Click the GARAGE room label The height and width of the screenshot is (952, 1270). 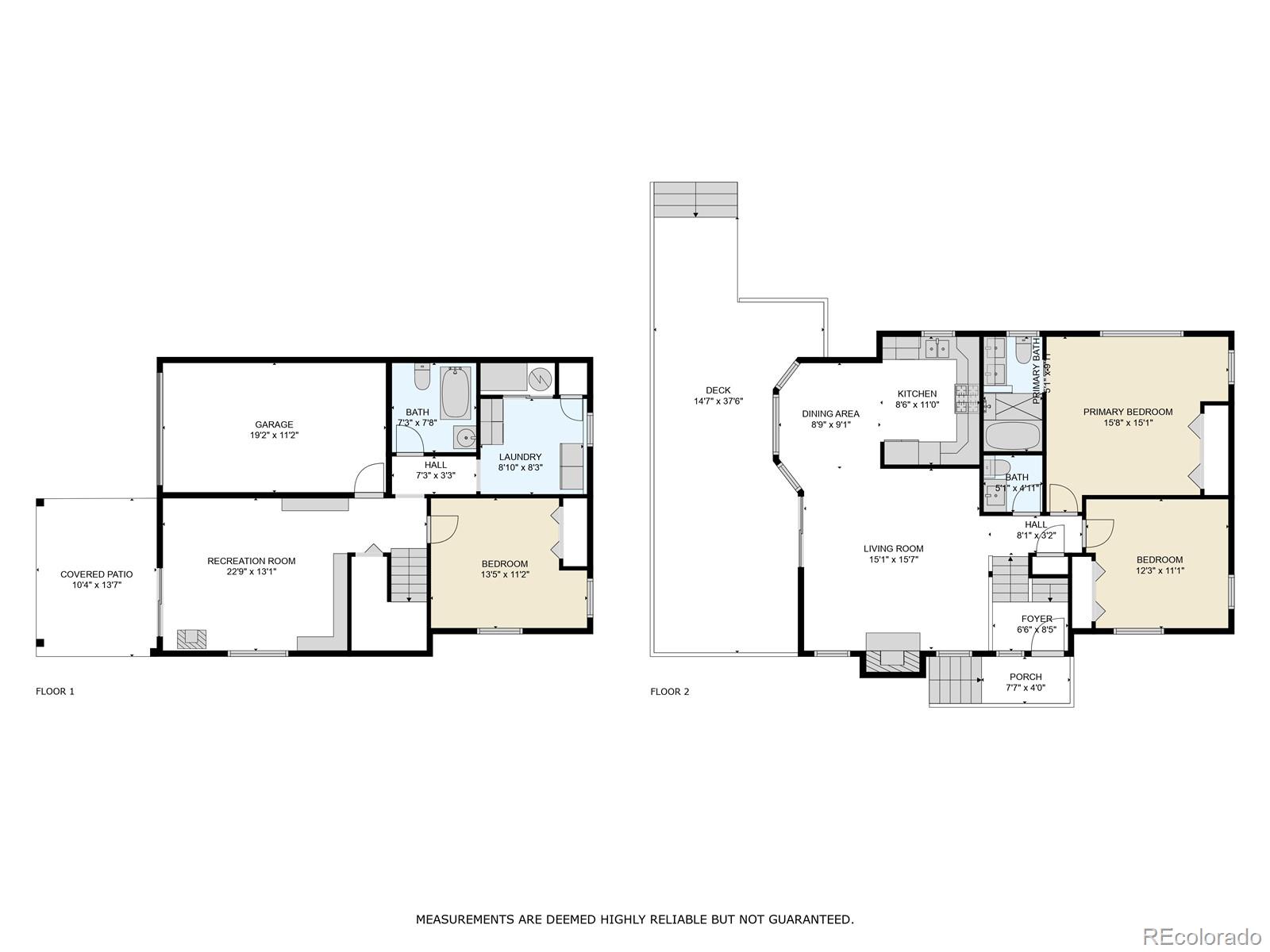(x=274, y=424)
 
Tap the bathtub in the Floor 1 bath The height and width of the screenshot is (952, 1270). (x=456, y=393)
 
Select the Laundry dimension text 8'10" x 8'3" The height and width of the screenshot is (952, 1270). (x=520, y=468)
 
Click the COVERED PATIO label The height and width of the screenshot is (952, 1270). (x=97, y=574)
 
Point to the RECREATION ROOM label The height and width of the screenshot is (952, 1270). (x=251, y=561)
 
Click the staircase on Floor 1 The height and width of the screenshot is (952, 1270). (x=409, y=574)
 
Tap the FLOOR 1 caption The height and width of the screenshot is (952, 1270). (x=55, y=691)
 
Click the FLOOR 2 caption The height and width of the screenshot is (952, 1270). (x=670, y=692)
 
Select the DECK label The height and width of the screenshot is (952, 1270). (x=718, y=390)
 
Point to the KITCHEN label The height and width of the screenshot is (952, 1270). (x=917, y=393)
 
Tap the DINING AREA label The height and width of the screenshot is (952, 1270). (x=830, y=413)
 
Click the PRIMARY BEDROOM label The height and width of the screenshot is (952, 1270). (x=1128, y=412)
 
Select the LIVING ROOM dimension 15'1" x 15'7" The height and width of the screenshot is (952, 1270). (x=893, y=559)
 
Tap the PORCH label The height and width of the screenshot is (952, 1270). (x=1026, y=677)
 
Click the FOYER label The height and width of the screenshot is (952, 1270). (x=1037, y=619)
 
